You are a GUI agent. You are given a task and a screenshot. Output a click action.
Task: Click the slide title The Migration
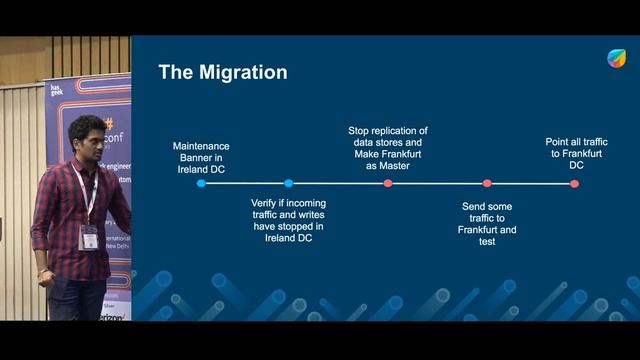click(x=222, y=72)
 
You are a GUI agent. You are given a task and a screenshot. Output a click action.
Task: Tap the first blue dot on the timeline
click(x=201, y=183)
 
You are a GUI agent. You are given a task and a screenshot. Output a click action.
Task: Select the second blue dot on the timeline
click(x=288, y=183)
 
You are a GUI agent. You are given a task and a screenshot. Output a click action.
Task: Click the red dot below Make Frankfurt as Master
click(x=388, y=183)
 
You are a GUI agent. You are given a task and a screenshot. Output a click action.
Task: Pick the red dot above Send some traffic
click(x=487, y=183)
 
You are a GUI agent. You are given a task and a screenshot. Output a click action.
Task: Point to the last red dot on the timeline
click(x=574, y=183)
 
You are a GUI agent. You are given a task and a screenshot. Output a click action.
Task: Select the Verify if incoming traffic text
click(x=288, y=220)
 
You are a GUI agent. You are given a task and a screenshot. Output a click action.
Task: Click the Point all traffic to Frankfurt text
click(x=576, y=153)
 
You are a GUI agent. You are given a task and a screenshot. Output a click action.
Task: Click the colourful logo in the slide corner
click(x=617, y=58)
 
